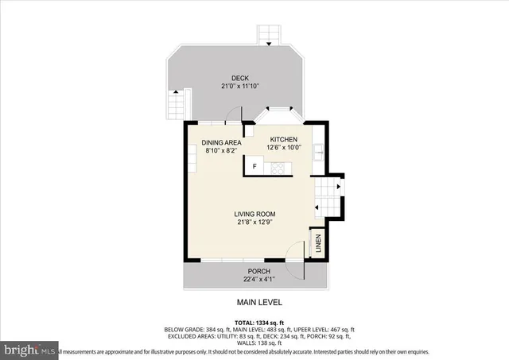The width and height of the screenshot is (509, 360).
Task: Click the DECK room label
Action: click(x=239, y=78)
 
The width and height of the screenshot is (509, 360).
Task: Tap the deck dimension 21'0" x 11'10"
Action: click(x=239, y=86)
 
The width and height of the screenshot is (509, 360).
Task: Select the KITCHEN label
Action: click(x=283, y=139)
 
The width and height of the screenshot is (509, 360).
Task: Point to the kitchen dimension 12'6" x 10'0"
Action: click(x=283, y=147)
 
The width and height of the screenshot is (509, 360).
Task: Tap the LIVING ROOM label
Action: click(x=254, y=214)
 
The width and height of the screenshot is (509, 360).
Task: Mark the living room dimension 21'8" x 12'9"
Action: click(x=254, y=223)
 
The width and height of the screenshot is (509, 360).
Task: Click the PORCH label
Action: click(x=255, y=271)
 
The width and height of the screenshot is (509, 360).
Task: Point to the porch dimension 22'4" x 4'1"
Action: click(x=255, y=279)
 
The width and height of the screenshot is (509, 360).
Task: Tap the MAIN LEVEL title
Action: click(x=259, y=303)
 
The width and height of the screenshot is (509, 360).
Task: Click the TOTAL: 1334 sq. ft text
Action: click(x=259, y=321)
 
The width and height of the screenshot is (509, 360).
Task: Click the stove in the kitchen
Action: click(x=279, y=167)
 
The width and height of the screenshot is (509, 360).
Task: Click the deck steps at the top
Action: click(x=270, y=34)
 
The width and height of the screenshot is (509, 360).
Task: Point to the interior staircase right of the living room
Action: click(x=328, y=195)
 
